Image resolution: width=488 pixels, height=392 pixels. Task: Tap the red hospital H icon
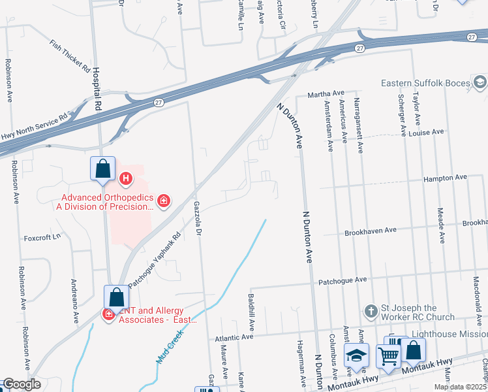tap(127, 177)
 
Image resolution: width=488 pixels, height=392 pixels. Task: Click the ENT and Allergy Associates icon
tap(108, 315)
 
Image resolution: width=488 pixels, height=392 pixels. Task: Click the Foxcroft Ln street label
tap(42, 237)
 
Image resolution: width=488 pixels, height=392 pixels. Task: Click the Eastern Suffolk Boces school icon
tap(480, 82)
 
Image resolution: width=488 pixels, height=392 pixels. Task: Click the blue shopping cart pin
tap(388, 357)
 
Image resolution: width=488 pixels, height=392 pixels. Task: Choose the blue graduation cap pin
tap(356, 355)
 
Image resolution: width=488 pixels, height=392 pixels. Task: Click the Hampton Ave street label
tap(446, 178)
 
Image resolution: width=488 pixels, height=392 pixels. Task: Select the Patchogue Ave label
tap(343, 280)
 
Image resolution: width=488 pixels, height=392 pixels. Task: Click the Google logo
tap(21, 384)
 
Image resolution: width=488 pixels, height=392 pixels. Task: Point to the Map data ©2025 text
tap(459, 387)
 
